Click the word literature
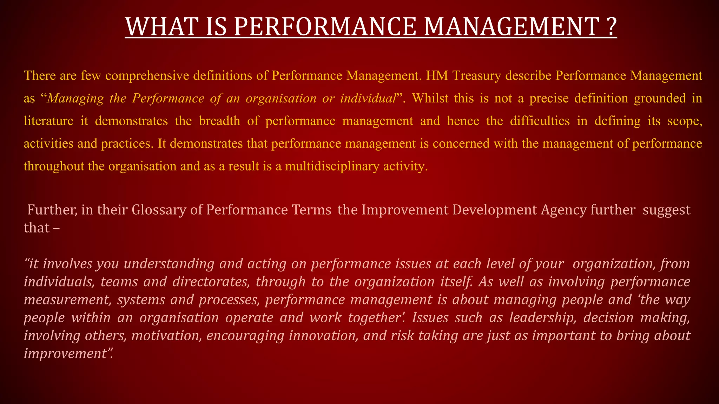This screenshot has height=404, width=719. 48,121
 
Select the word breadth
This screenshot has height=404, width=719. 219,121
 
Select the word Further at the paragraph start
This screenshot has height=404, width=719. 52,210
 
